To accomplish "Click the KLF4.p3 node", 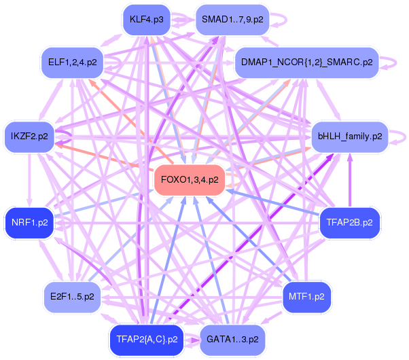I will pos(147,19).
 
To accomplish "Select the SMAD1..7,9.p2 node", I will pos(232,19).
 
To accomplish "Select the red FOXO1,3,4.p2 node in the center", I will pos(190,179).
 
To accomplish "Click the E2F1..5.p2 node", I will pos(72,296).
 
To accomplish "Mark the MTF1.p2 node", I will pos(306,296).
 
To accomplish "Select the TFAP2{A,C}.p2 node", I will pos(147,339).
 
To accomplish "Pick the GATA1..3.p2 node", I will pos(232,339).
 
